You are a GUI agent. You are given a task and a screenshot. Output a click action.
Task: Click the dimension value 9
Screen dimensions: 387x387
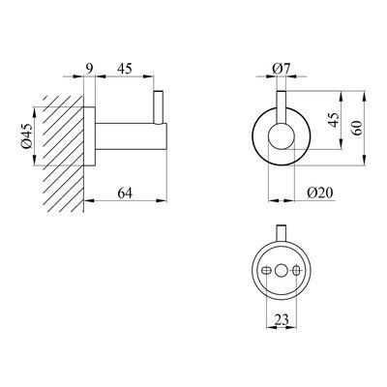pos(90,69)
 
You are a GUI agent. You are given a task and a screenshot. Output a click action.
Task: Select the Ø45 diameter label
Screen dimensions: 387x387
pos(27,135)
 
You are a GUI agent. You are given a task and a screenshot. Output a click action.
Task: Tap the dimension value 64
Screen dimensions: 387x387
pos(125,193)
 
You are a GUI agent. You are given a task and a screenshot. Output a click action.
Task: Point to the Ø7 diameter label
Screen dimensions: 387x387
pos(282,69)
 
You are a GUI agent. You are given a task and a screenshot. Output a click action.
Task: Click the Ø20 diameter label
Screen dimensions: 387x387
pos(320,193)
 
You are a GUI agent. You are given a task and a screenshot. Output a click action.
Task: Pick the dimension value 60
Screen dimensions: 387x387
pos(357,128)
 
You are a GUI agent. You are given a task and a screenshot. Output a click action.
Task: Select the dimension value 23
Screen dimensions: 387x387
pos(282,320)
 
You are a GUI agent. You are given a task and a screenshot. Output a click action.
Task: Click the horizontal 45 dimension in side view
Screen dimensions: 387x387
pos(125,69)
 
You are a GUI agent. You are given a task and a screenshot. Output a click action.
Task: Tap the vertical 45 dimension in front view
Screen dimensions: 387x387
pos(334,120)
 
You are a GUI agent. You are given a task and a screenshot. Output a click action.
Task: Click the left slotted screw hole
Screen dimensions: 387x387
pos(266,271)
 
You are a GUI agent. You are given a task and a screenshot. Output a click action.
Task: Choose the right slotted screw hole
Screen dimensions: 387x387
pos(296,271)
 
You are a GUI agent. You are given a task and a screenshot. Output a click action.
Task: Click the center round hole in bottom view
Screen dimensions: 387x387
pos(281,271)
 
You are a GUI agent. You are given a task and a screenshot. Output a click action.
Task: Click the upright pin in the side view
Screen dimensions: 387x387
pos(159,107)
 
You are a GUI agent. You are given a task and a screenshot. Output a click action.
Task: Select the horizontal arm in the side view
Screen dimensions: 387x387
pos(131,136)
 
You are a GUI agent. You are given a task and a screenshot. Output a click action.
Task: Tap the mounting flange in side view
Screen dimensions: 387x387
pos(89,135)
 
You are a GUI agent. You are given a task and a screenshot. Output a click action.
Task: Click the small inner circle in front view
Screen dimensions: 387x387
pos(281,136)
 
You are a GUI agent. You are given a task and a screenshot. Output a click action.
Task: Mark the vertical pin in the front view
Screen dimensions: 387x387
pos(282,107)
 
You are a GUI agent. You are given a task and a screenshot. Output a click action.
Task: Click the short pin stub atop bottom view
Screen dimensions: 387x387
pos(281,232)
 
